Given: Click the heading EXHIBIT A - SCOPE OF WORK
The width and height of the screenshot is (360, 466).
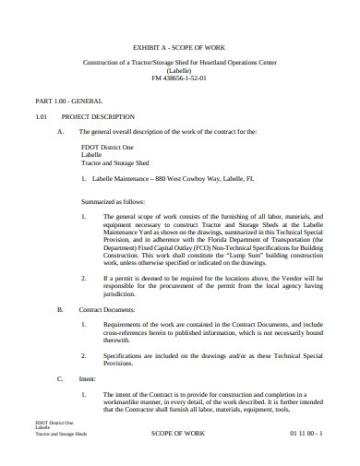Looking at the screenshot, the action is [x=179, y=43].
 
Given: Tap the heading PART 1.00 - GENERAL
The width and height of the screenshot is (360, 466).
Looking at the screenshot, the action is [x=68, y=100].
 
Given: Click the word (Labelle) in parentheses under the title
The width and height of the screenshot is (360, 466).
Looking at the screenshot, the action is [x=179, y=70].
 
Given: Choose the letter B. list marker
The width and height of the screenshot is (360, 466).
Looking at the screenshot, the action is [x=60, y=309].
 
